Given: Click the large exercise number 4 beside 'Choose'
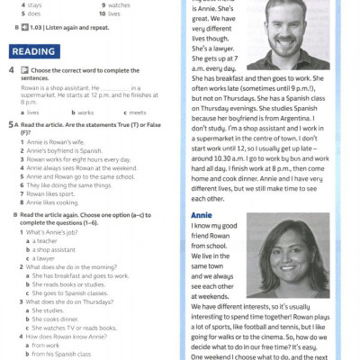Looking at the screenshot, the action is [10, 69].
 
